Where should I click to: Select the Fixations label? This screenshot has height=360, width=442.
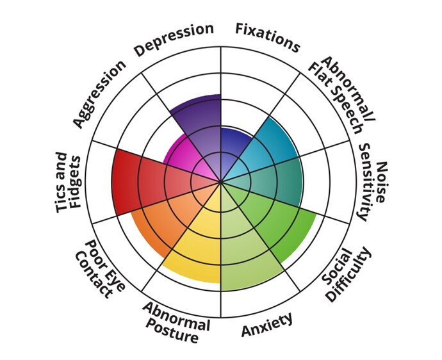pyautogui.click(x=267, y=37)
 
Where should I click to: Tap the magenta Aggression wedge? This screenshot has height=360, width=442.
pyautogui.click(x=183, y=158)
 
